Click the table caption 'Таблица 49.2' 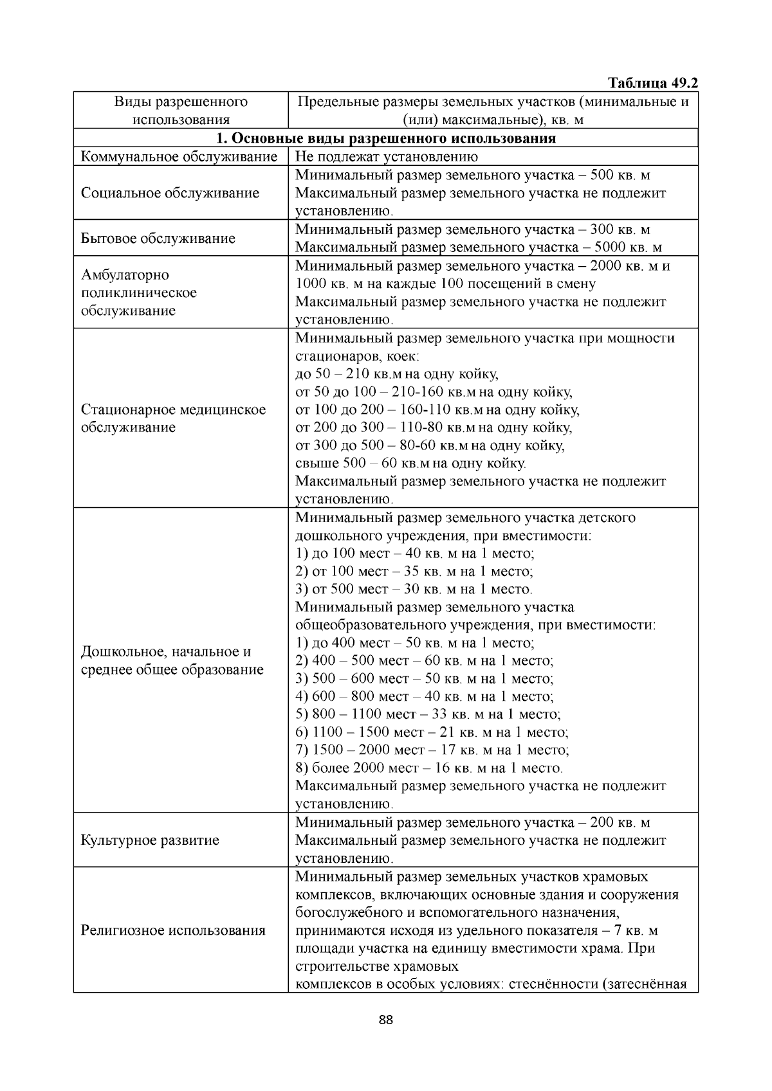[652, 84]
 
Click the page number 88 [386, 1020]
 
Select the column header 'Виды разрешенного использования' [181, 111]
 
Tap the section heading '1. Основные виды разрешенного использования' [386, 139]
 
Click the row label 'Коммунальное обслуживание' [179, 157]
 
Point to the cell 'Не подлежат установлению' [386, 157]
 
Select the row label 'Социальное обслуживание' [170, 194]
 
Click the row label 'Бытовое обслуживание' [158, 239]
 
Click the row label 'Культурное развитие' [150, 840]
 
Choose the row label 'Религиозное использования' [173, 930]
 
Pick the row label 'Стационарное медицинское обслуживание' [173, 419]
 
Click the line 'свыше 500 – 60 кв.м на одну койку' [410, 464]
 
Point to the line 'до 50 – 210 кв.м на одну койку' [397, 374]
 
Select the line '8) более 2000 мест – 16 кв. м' [428, 768]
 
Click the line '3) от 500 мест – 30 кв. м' [414, 590]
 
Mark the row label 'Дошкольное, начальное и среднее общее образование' [172, 661]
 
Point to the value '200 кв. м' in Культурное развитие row [620, 823]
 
